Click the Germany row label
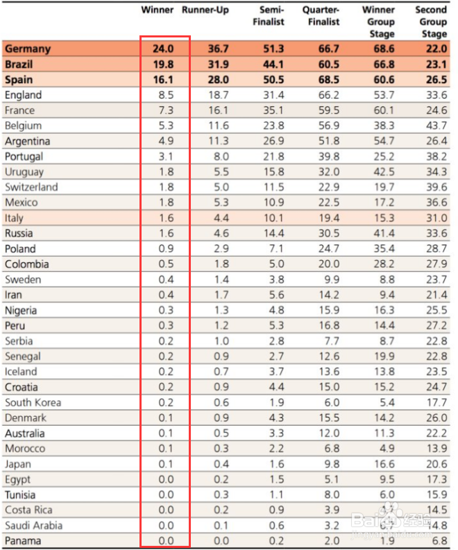28,49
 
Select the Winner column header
158,10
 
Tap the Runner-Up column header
205,10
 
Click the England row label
23,95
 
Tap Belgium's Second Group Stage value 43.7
435,126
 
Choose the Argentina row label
27,141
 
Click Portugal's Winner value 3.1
165,157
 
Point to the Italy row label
14,218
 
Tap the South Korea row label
33,402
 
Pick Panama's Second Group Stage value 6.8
439,541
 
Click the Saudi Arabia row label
33,525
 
